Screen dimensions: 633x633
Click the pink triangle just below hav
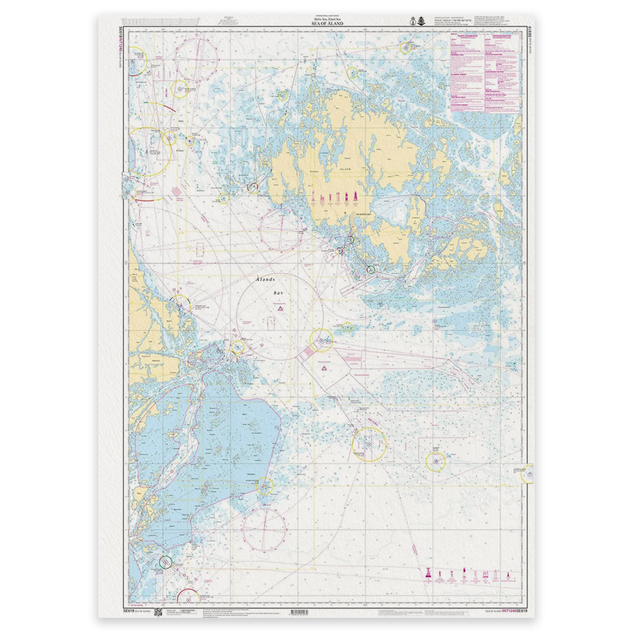[280, 308]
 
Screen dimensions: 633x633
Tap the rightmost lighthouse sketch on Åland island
[355, 197]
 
